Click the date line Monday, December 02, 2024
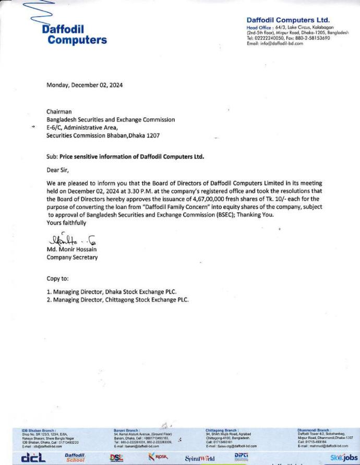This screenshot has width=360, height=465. click(x=85, y=85)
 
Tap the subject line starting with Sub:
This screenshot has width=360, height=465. click(x=125, y=156)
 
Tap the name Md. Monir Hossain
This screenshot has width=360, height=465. click(x=73, y=250)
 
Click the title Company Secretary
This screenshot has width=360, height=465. click(x=71, y=257)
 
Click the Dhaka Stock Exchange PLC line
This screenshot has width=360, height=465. click(x=115, y=292)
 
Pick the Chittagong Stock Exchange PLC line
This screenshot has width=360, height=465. click(x=117, y=300)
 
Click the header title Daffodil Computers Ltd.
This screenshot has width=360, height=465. click(x=287, y=20)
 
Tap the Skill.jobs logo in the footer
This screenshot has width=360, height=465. click(x=343, y=458)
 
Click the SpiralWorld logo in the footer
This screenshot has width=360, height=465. click(x=200, y=459)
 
